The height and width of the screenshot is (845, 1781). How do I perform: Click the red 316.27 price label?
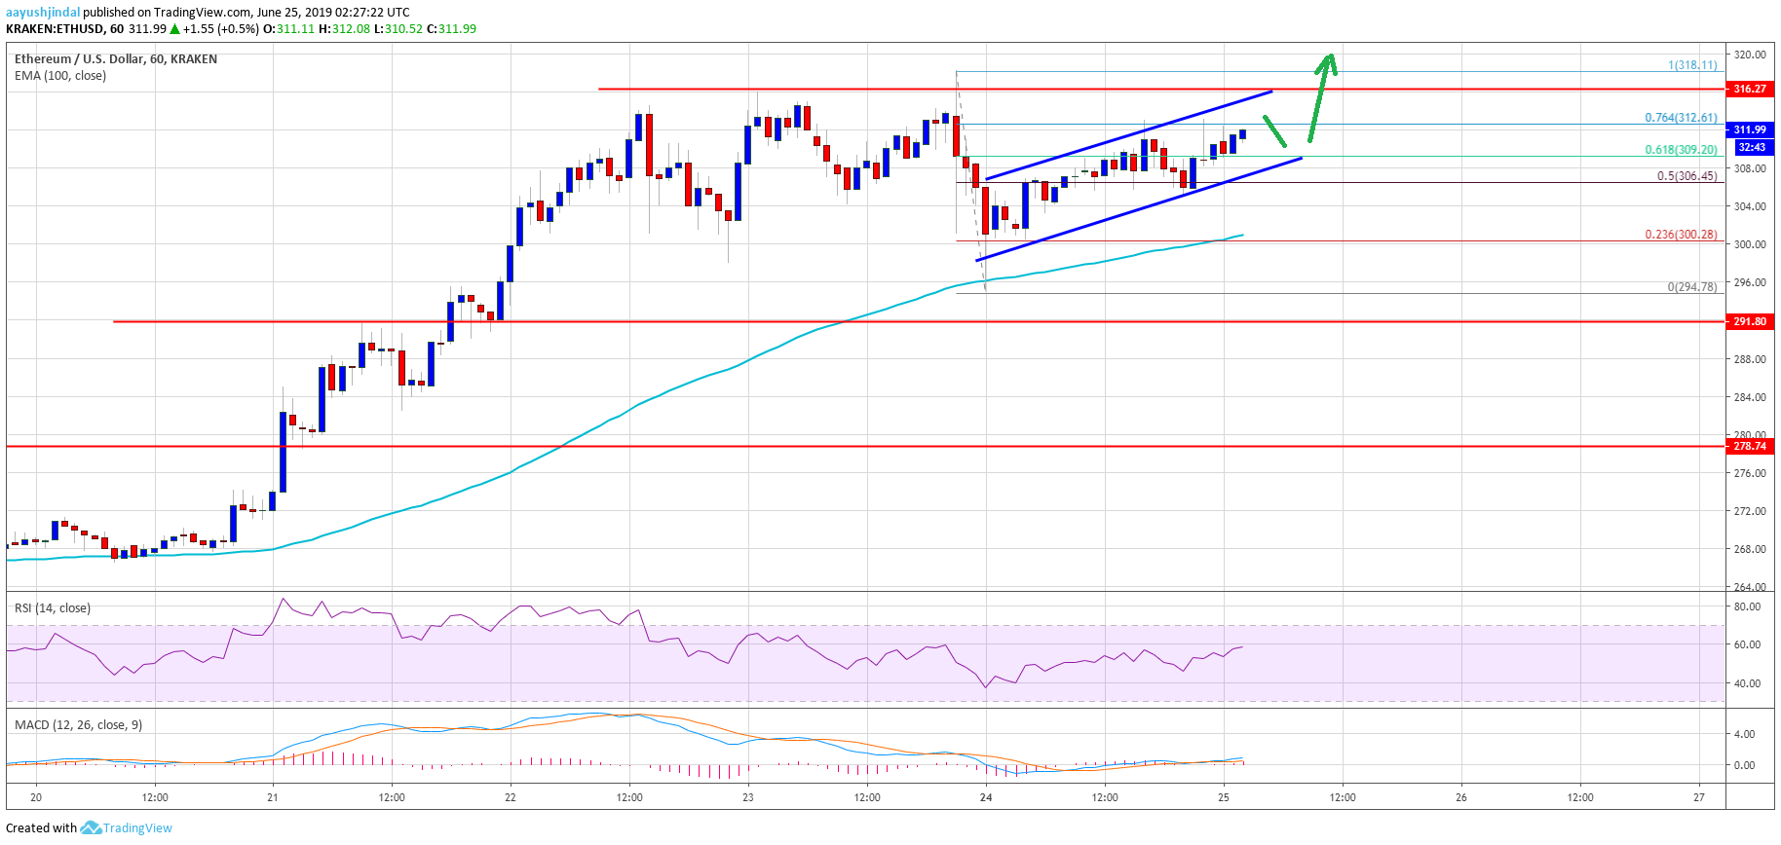pos(1749,89)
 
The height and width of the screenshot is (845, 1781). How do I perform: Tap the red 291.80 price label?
pos(1749,321)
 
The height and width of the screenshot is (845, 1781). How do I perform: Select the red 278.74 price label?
pos(1749,446)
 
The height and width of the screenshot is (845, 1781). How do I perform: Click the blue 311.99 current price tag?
pos(1750,129)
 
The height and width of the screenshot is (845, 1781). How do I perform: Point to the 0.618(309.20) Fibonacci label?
pos(1681,150)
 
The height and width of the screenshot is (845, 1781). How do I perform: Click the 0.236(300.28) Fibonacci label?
pos(1681,235)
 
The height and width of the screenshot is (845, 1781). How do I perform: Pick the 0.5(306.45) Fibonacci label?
pos(1686,176)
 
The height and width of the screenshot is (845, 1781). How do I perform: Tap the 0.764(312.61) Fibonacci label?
pos(1681,118)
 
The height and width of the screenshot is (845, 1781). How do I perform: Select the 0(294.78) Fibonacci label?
pos(1691,287)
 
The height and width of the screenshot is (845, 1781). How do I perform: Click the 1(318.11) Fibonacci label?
pos(1691,65)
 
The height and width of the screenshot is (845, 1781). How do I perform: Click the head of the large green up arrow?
pos(1328,60)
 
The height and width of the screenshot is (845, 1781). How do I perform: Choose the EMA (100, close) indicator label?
pos(60,76)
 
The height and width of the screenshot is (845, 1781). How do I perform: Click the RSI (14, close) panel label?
pos(53,608)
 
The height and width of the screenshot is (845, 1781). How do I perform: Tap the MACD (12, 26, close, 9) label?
pos(78,725)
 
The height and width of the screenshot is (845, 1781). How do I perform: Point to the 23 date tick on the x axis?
pos(748,797)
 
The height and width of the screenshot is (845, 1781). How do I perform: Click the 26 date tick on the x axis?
pos(1461,797)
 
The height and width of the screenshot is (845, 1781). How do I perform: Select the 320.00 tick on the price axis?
pos(1750,55)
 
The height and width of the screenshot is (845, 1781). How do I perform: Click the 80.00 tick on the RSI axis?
pos(1747,606)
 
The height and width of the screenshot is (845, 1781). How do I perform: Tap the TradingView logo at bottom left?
pos(126,828)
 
